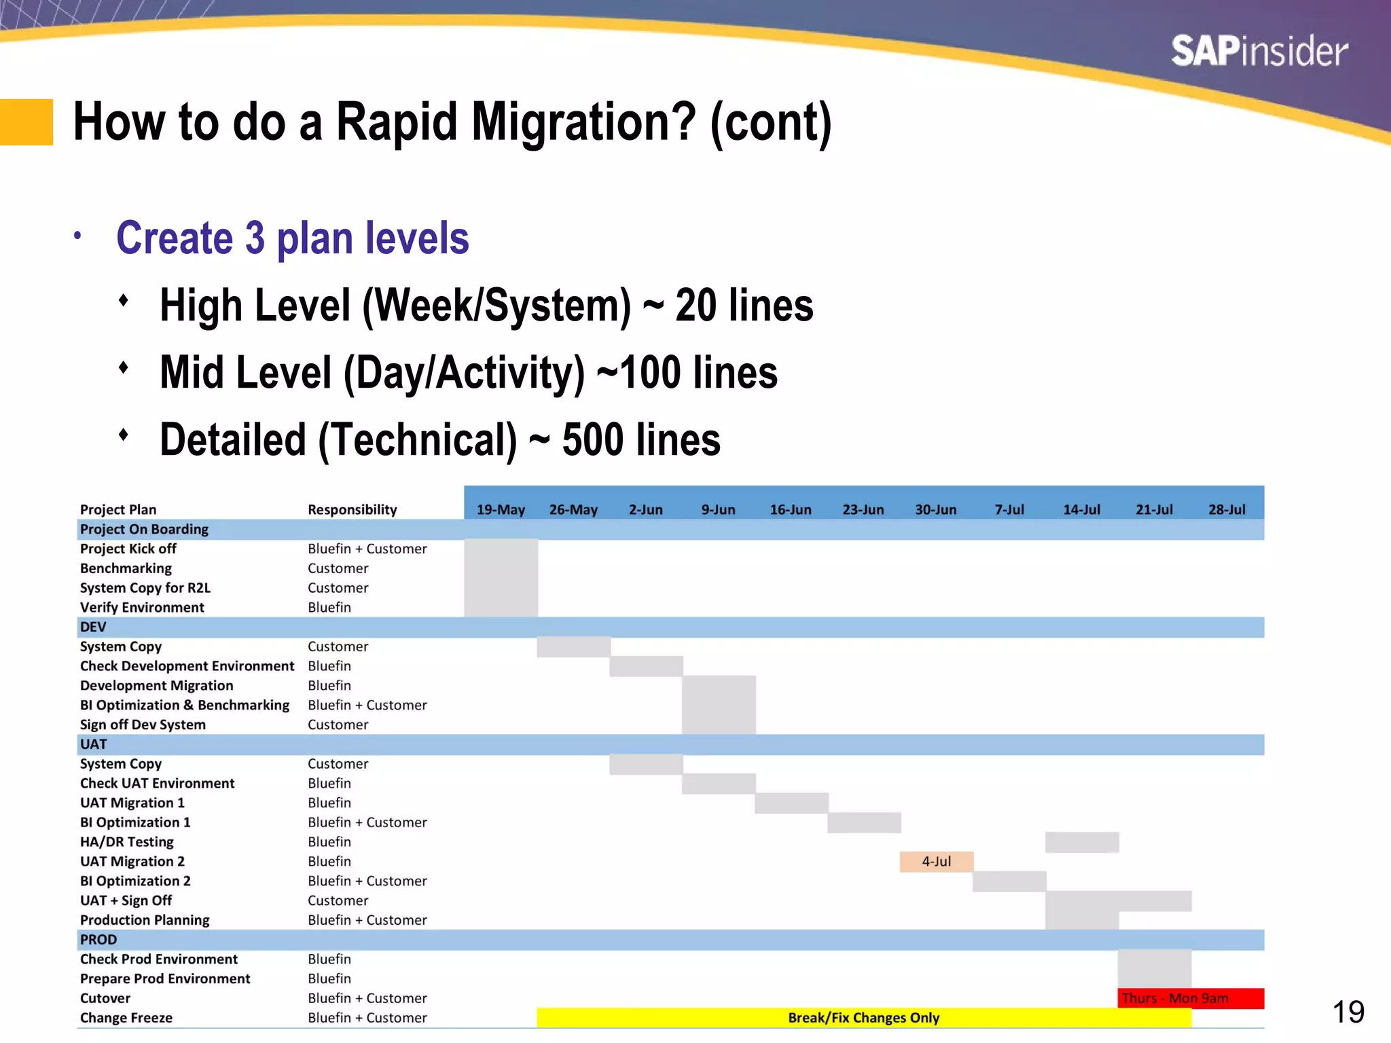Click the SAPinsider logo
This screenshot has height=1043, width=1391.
click(1259, 52)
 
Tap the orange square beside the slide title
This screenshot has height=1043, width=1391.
click(26, 122)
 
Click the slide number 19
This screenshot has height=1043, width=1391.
click(1348, 1012)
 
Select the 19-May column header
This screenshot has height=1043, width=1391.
click(501, 509)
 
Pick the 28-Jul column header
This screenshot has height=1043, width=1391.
click(1227, 509)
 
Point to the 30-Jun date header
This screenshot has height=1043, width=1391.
click(935, 509)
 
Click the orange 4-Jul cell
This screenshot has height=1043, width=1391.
click(936, 861)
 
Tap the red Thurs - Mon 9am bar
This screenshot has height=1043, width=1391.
click(1190, 998)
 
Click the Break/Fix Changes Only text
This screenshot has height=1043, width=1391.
click(863, 1017)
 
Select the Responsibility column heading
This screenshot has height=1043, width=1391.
click(352, 509)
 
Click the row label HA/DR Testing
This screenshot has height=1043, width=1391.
click(127, 841)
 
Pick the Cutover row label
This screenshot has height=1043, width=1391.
click(105, 998)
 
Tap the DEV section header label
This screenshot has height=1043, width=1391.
click(93, 627)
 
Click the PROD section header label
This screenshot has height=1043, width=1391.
click(98, 939)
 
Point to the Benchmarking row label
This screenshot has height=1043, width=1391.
click(126, 568)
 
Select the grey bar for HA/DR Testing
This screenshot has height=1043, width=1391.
click(1081, 842)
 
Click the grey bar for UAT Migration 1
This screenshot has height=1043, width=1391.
click(791, 803)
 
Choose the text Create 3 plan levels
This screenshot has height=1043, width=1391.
click(292, 238)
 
